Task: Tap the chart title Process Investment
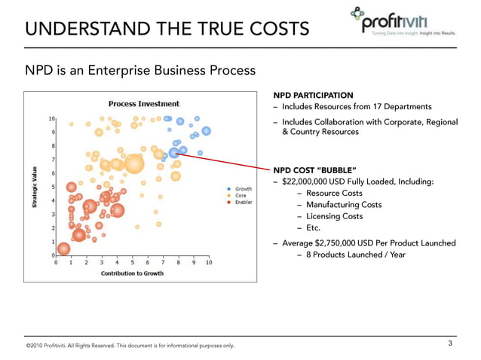coord(144,104)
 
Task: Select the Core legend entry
coord(240,196)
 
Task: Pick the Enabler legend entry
coord(244,203)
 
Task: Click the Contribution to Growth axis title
coord(132,273)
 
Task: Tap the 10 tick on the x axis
coord(208,263)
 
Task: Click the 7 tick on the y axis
coord(51,160)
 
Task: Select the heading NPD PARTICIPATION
coord(313,95)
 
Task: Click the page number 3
coord(449,343)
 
